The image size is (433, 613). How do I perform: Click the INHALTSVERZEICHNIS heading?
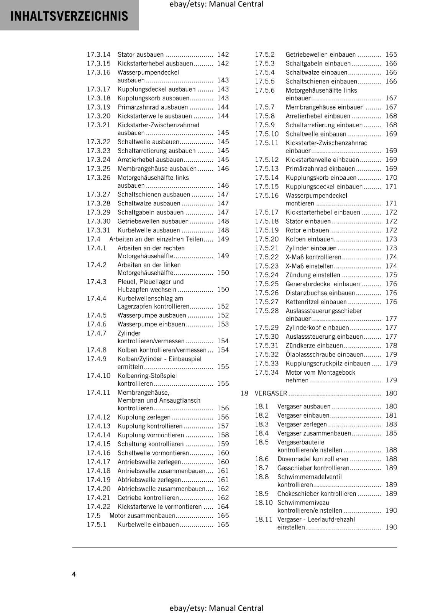(x=69, y=16)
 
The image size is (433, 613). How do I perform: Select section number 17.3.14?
(x=98, y=55)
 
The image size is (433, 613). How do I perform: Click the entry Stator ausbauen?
(x=141, y=55)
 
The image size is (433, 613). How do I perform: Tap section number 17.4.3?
(x=97, y=282)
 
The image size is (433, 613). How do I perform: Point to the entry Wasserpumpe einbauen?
(x=151, y=325)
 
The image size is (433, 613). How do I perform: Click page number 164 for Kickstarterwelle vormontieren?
(x=223, y=507)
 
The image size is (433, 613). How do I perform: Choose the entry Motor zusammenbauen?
(x=143, y=516)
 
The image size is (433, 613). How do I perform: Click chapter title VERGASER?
(x=271, y=393)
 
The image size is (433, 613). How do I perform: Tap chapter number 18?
(x=244, y=393)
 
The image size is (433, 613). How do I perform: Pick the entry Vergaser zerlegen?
(x=302, y=425)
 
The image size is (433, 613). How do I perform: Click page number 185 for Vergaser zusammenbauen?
(x=391, y=433)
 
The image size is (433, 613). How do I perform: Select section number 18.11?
(x=264, y=520)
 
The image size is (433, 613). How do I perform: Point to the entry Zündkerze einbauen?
(x=309, y=346)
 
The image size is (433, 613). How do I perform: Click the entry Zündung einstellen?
(x=313, y=275)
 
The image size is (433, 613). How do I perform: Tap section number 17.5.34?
(x=267, y=372)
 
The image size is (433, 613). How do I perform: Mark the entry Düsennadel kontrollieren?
(x=313, y=459)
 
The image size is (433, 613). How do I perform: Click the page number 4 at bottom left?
(x=74, y=574)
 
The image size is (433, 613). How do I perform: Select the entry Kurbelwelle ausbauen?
(x=149, y=230)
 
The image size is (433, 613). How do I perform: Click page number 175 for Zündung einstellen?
(x=391, y=275)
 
